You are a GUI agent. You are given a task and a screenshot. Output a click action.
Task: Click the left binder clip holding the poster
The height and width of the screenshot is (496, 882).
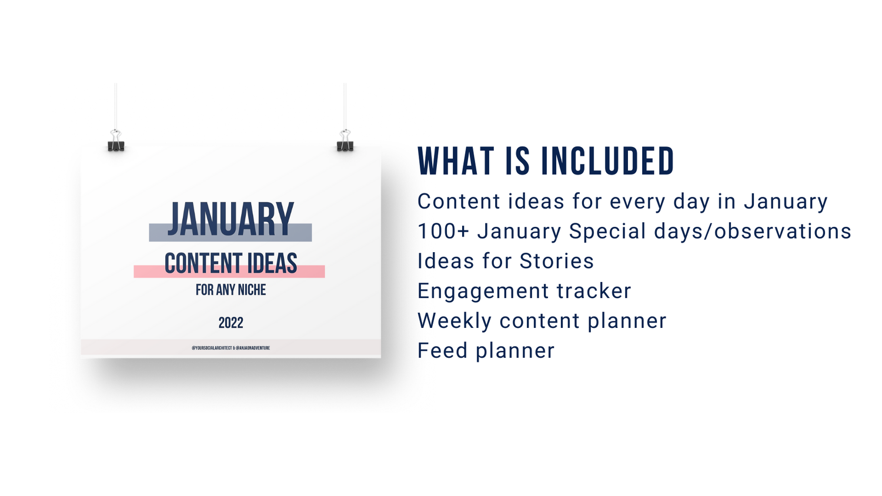click(x=116, y=142)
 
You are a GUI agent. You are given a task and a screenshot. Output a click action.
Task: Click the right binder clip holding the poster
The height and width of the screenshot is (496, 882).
click(x=345, y=142)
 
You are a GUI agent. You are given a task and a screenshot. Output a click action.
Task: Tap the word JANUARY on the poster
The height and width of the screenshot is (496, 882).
click(x=230, y=219)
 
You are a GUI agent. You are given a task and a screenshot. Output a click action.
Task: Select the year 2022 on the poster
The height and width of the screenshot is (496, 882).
click(x=230, y=323)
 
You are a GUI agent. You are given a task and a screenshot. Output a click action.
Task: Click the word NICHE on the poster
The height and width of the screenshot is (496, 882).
click(x=252, y=290)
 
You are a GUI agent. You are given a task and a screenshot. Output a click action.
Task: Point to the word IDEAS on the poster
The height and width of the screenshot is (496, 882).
click(x=272, y=263)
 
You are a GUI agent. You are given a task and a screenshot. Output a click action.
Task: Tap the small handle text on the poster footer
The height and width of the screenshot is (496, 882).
click(x=230, y=348)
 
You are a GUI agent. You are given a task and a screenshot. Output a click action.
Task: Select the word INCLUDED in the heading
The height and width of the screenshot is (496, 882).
click(x=607, y=162)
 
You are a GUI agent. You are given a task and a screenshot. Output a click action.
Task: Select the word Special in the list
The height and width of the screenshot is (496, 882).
click(x=607, y=232)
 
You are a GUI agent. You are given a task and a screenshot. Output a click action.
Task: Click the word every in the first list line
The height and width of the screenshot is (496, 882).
click(x=637, y=202)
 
